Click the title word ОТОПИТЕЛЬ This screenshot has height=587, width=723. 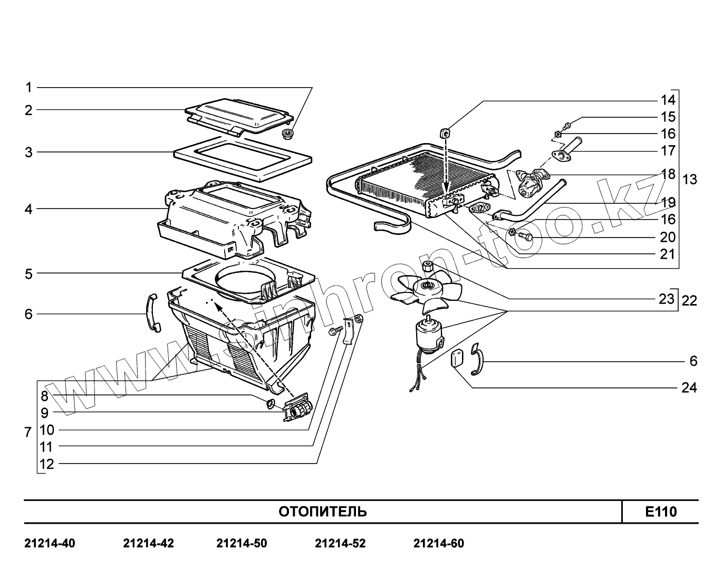[322, 512]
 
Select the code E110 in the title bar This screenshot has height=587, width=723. [660, 512]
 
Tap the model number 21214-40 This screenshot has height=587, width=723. [50, 543]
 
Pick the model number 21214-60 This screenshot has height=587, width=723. [439, 543]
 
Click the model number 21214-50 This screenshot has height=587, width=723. [242, 543]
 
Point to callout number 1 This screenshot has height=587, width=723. [29, 87]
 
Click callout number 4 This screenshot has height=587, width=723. [28, 209]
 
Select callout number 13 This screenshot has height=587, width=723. [689, 179]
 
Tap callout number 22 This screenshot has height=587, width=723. [689, 301]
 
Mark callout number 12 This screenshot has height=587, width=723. [46, 464]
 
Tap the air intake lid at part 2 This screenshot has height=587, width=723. [240, 113]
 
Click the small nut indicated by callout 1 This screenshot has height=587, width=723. [288, 134]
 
